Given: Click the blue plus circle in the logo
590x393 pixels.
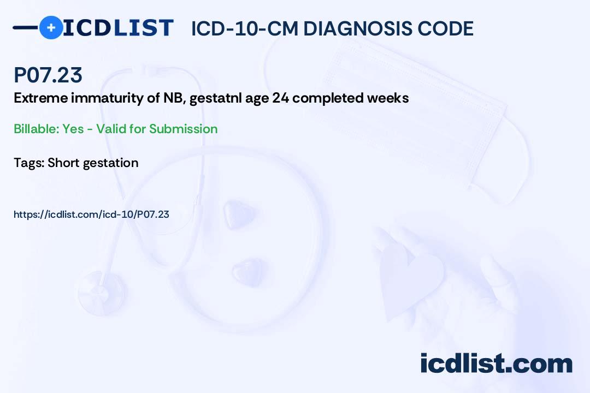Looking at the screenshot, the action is pos(51,27).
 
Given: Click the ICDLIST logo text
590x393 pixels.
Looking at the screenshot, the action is pos(118,28).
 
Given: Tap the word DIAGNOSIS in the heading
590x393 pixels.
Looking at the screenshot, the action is pos(358,28).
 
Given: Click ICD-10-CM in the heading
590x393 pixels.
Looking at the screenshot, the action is pos(245,28).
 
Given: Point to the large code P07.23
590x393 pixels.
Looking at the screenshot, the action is pos(48,75).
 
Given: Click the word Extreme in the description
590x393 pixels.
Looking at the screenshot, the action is pos(40,98).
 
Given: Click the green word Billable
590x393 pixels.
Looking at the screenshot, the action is pos(37,129).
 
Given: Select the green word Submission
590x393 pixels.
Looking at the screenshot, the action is pos(183,129).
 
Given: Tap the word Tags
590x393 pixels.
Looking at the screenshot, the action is pos(29,163).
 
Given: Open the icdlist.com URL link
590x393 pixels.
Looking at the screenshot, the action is pos(91,215).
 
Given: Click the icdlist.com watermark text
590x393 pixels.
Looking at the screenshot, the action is pos(496,364).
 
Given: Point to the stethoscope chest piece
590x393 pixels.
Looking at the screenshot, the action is pos(101,293).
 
